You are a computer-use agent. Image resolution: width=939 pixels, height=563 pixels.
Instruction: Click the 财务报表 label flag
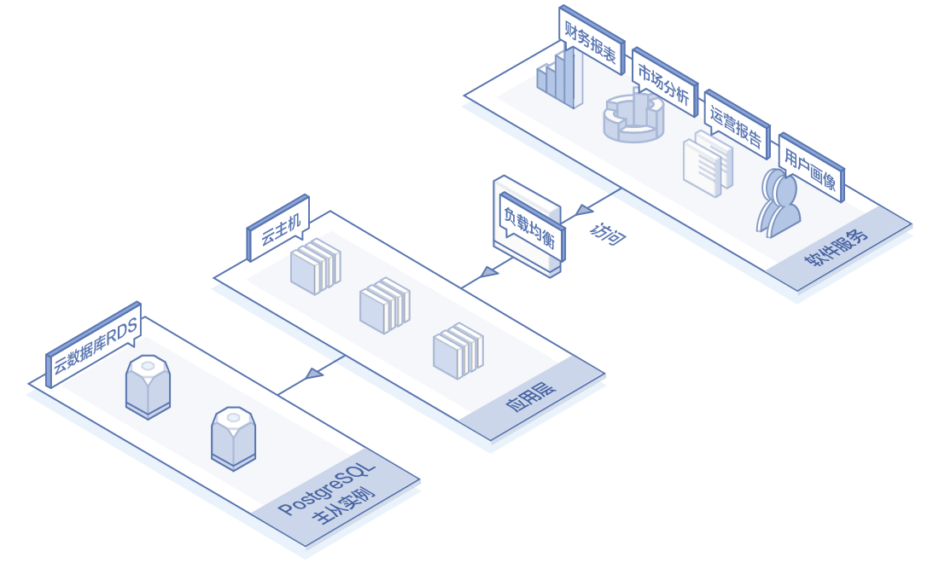pos(590,42)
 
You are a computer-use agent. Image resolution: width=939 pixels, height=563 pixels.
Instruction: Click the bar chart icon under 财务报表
pos(560,78)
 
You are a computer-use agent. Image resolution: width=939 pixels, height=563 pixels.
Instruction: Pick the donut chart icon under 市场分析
pos(633,119)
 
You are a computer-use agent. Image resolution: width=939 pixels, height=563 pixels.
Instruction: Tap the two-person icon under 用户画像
pos(778,203)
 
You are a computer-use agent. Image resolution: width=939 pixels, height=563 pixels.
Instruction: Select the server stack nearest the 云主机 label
pos(315,267)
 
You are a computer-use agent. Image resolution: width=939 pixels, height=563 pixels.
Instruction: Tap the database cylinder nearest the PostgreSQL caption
pos(234,438)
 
